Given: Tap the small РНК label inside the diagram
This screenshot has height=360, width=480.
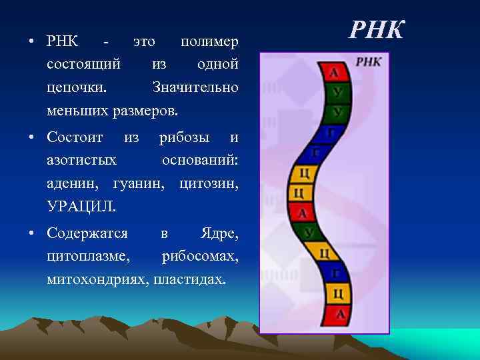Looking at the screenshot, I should (x=369, y=61).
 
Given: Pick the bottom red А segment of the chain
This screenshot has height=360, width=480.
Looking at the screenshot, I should (x=340, y=313).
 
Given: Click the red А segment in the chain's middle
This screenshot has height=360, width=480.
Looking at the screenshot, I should (x=303, y=213).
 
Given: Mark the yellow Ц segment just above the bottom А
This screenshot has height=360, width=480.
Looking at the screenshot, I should (x=338, y=293).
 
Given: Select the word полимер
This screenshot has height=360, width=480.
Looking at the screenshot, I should (x=209, y=41).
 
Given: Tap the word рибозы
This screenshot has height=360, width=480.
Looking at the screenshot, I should (x=183, y=138).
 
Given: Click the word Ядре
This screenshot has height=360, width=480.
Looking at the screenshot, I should (x=219, y=234).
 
